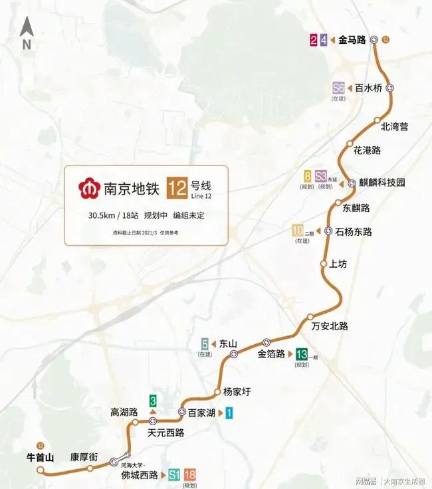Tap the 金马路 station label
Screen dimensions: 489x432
coord(352,40)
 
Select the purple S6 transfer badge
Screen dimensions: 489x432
coord(339,87)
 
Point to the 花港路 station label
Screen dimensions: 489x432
coord(367,151)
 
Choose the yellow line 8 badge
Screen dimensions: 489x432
coord(308,177)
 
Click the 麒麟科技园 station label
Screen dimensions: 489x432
coord(382,182)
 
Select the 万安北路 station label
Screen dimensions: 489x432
coord(330,326)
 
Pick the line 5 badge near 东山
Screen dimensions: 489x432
coord(205,344)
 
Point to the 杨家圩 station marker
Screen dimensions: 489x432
coord(217,391)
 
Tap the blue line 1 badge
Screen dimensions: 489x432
coord(229,413)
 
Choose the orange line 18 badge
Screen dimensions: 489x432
coord(190,475)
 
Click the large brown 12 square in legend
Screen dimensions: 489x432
coord(177,187)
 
